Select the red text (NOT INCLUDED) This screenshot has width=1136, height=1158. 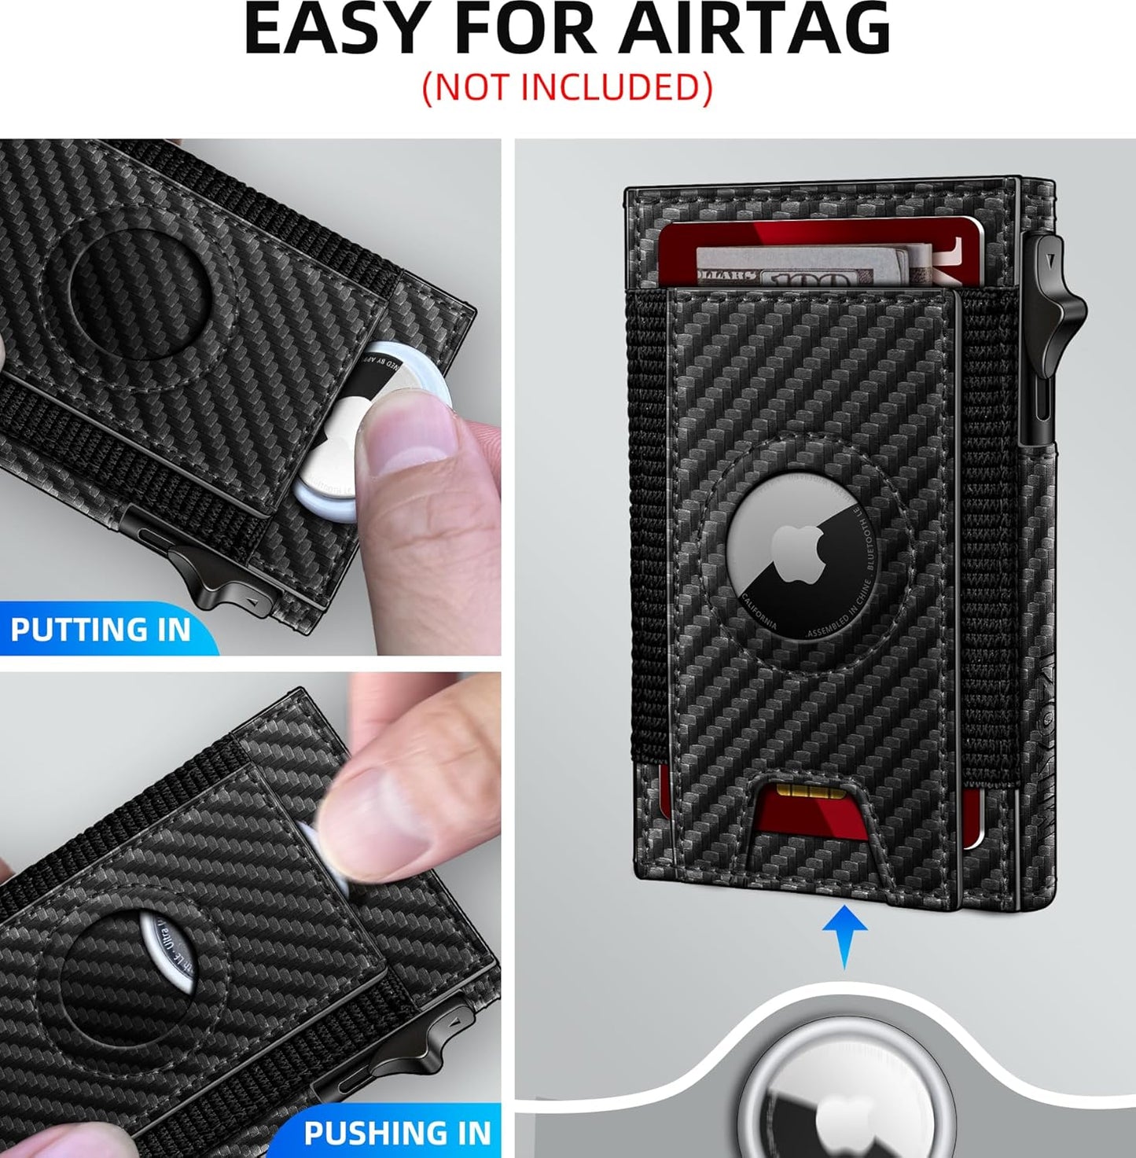pyautogui.click(x=567, y=87)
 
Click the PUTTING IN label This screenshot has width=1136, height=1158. pyautogui.click(x=101, y=630)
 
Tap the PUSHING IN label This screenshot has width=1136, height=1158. pyautogui.click(x=397, y=1133)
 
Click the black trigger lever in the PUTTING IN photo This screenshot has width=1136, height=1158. pyautogui.click(x=208, y=578)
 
